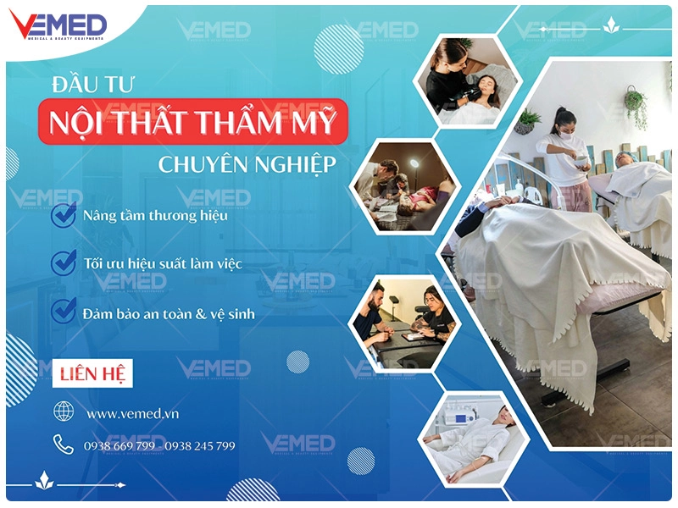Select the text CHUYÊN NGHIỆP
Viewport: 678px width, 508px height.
(247, 163)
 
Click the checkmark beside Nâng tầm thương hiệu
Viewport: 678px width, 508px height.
(64, 215)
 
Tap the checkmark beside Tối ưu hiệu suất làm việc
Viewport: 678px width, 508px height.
(64, 262)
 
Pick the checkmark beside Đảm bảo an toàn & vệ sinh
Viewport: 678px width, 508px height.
(64, 311)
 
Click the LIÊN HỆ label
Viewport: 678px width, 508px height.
(92, 373)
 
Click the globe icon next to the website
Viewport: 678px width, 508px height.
(64, 411)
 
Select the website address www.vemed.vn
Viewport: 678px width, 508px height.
(132, 414)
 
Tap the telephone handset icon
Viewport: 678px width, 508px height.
(64, 444)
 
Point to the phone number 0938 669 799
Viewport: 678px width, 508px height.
(119, 445)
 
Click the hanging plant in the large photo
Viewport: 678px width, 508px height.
(634, 105)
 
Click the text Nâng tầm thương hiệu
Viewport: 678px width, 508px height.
(155, 215)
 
